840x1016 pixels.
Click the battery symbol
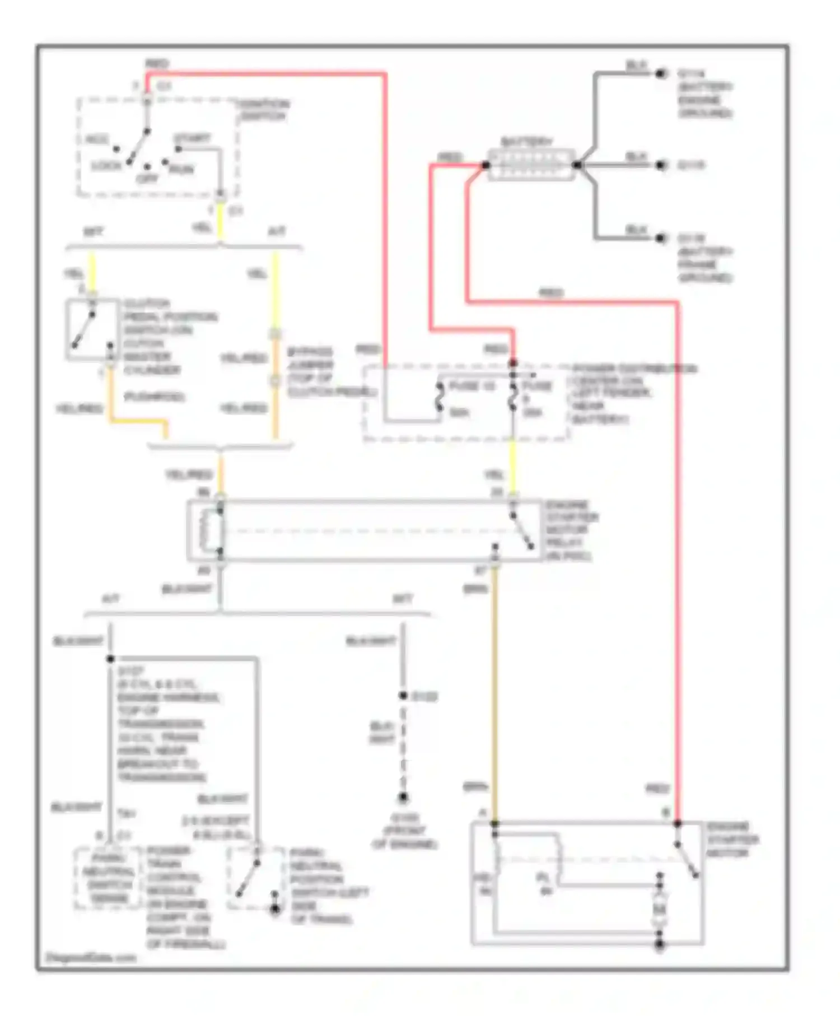coord(531,165)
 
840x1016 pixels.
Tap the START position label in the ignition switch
coord(192,138)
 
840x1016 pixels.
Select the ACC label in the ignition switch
coord(97,139)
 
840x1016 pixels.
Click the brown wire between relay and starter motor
coord(495,689)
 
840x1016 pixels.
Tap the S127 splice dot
coord(110,659)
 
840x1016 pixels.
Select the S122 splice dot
coord(403,696)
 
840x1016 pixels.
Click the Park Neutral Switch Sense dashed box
coord(108,878)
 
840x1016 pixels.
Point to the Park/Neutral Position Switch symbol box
coord(255,878)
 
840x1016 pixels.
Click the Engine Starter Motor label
coord(731,840)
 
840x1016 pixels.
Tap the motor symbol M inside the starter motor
coord(659,910)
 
